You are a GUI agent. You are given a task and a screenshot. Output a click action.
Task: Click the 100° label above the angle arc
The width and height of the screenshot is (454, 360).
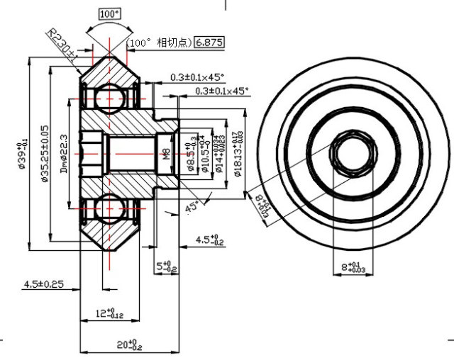tap(109, 13)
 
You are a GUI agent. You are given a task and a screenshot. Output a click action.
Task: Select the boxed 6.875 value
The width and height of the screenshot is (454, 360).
tap(209, 43)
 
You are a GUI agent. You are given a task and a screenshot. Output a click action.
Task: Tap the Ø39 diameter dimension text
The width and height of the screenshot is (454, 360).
tap(24, 152)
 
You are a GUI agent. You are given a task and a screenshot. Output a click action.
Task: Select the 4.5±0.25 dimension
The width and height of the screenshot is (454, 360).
tap(43, 284)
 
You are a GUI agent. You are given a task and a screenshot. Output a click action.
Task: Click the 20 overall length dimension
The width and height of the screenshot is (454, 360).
tap(128, 344)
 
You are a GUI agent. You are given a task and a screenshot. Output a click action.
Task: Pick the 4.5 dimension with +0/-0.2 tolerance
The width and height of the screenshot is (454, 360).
tap(207, 241)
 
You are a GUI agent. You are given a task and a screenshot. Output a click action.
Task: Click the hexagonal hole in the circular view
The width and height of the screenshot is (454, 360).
tap(348, 152)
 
